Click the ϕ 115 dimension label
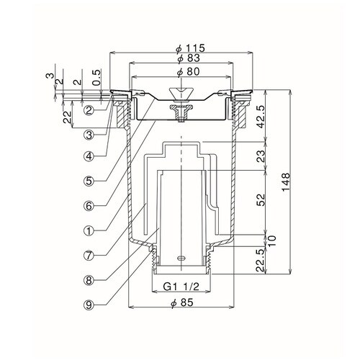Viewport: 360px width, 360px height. coord(190,48)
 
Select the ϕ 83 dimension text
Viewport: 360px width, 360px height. coord(189,58)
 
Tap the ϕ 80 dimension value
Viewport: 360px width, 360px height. coord(188,71)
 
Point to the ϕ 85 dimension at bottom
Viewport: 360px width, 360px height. coord(181,302)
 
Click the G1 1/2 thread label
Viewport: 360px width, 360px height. coord(181,287)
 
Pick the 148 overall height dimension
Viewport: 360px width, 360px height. coord(286,182)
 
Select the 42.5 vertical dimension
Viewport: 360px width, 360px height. coord(261,117)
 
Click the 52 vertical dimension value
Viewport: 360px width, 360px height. coord(261,199)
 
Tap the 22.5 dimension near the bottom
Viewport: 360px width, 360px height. coord(261,260)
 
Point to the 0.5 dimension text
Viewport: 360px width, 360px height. coord(96,78)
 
